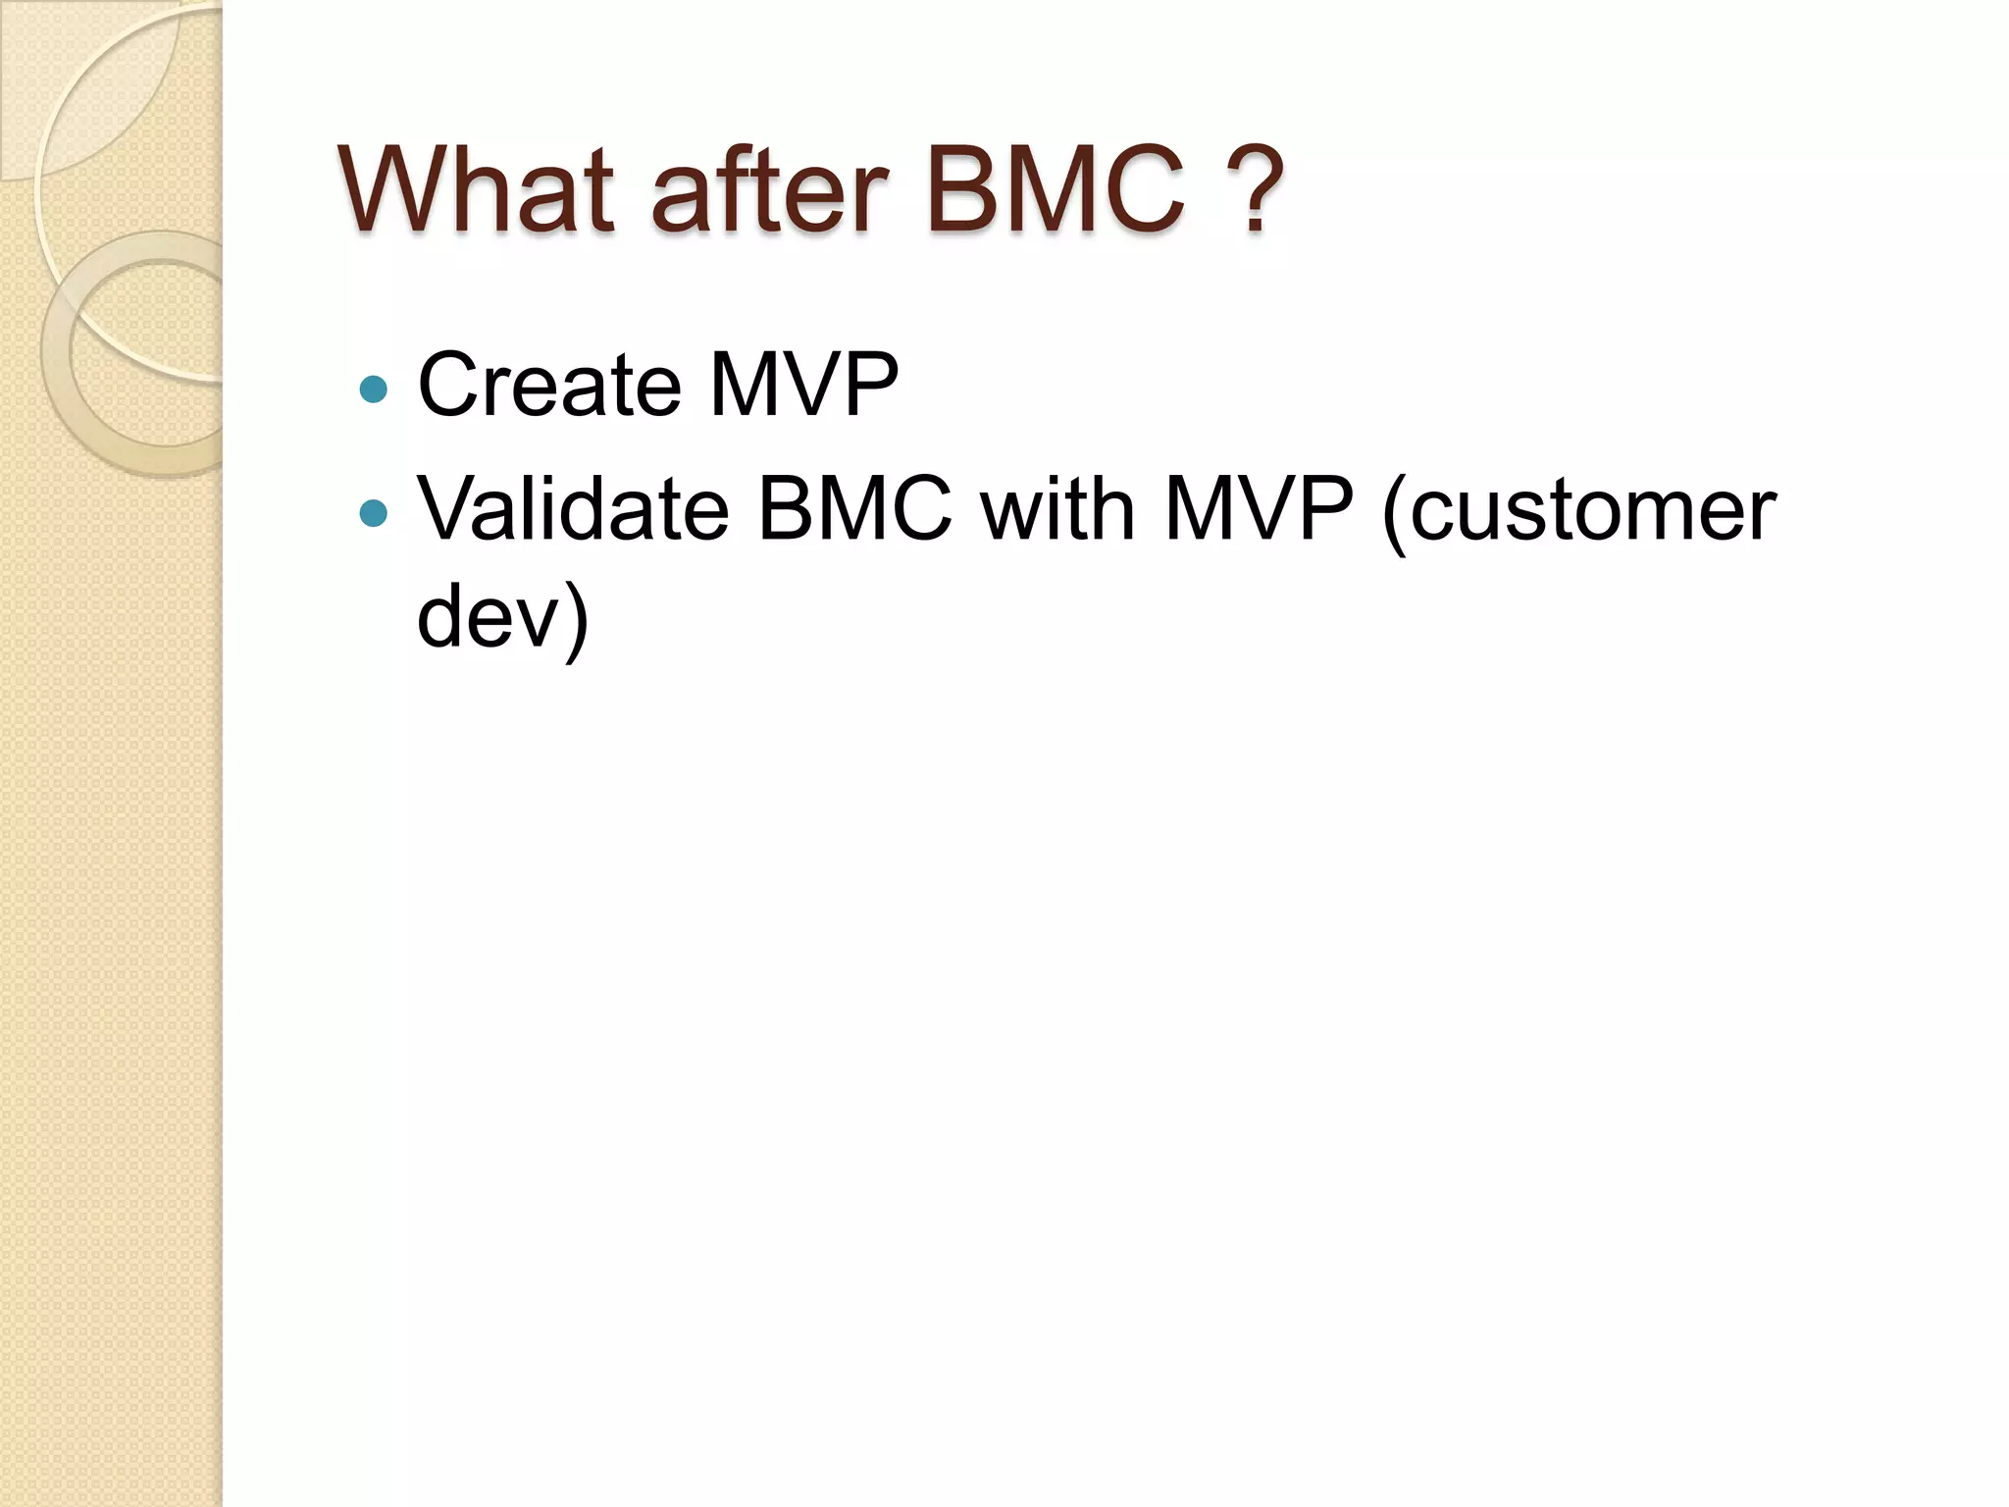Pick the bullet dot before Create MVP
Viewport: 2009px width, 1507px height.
click(x=374, y=390)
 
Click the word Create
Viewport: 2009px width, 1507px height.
click(x=548, y=385)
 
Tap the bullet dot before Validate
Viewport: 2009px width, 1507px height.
click(x=374, y=513)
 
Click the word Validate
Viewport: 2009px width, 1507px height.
click(x=573, y=509)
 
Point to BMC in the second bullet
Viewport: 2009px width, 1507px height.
click(x=854, y=509)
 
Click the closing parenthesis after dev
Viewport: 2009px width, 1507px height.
click(x=577, y=620)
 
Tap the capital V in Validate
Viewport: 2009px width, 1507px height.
click(x=446, y=509)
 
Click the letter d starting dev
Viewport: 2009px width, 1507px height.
click(x=440, y=616)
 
